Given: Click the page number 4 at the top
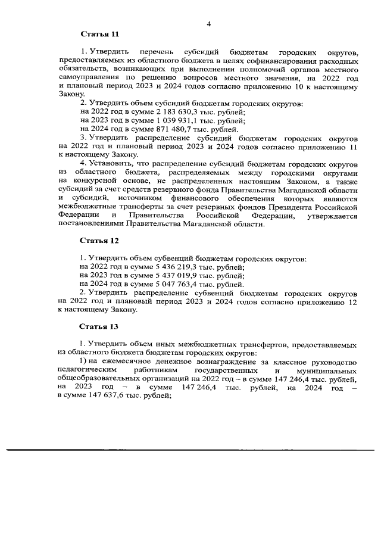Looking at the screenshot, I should pyautogui.click(x=209, y=23).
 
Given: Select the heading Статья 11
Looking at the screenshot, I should pyautogui.click(x=99, y=35).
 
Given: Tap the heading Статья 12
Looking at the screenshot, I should pyautogui.click(x=99, y=241).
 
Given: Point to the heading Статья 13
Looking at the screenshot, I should pyautogui.click(x=99, y=326).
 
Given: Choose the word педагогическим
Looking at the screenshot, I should pyautogui.click(x=88, y=370).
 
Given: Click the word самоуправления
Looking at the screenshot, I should pyautogui.click(x=88, y=78).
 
